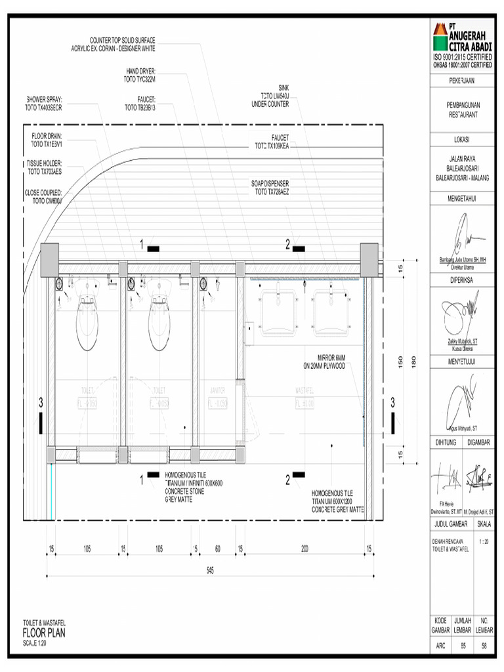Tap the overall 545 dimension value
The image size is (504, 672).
point(209,570)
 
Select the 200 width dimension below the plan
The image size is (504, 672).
point(304,549)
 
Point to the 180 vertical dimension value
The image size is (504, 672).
point(413,362)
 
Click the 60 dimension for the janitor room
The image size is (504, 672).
point(217,549)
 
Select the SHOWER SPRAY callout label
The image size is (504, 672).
point(44,104)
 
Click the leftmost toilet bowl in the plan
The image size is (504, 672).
point(88,325)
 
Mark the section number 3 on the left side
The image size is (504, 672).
point(41,401)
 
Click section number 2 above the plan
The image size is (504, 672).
point(287,245)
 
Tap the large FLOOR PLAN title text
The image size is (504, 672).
point(44,633)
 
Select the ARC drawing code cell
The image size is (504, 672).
point(440,646)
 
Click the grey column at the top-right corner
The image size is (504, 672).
point(369,259)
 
